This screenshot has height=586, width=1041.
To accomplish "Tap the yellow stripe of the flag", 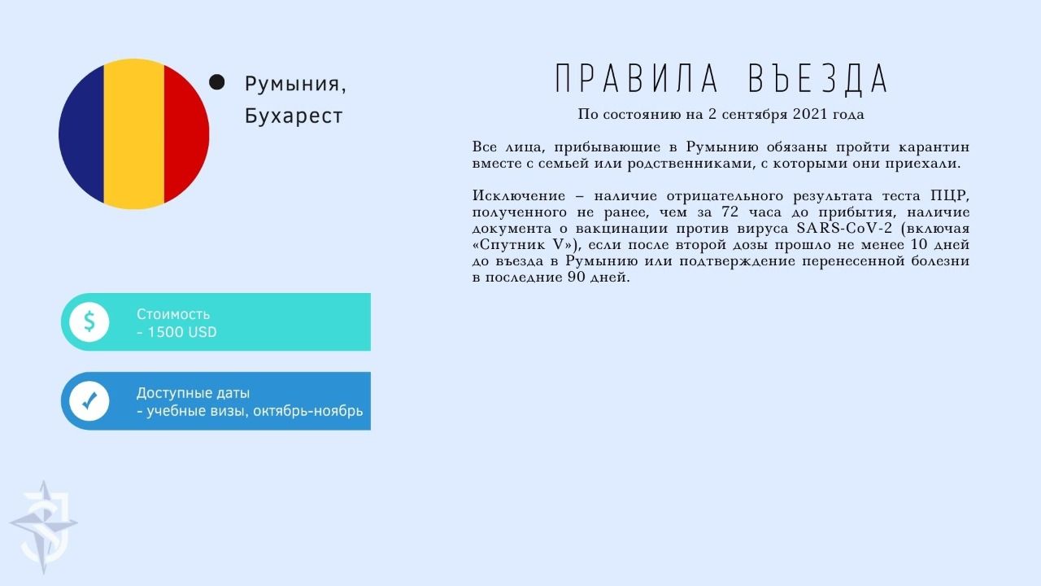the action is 134,134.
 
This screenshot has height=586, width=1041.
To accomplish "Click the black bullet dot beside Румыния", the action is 216,82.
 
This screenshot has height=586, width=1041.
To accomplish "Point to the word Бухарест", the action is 294,116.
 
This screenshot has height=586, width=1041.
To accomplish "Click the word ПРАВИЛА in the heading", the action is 637,79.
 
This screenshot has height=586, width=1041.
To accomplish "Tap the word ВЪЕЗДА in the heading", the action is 818,79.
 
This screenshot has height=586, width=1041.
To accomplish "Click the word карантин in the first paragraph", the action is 934,147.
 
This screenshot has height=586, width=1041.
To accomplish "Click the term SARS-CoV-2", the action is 844,229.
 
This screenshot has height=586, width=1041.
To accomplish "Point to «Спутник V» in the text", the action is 527,245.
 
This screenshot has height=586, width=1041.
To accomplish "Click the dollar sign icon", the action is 89,321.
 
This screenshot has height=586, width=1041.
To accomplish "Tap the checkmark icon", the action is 89,400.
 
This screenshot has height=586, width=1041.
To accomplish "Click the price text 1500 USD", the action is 181,332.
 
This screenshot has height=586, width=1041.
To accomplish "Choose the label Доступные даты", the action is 193,393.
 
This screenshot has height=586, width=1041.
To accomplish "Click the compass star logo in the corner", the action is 44,527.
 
